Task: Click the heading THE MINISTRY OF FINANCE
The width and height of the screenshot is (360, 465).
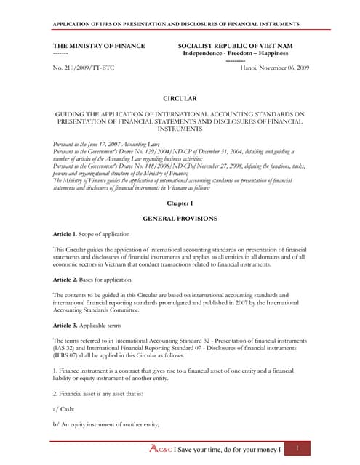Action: click(x=99, y=46)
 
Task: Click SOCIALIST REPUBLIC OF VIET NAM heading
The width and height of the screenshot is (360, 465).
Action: click(x=235, y=46)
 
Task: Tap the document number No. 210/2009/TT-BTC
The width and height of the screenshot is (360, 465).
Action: click(x=84, y=68)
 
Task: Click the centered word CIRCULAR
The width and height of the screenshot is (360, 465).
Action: click(x=180, y=97)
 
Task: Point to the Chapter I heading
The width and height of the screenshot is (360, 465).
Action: click(x=180, y=203)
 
